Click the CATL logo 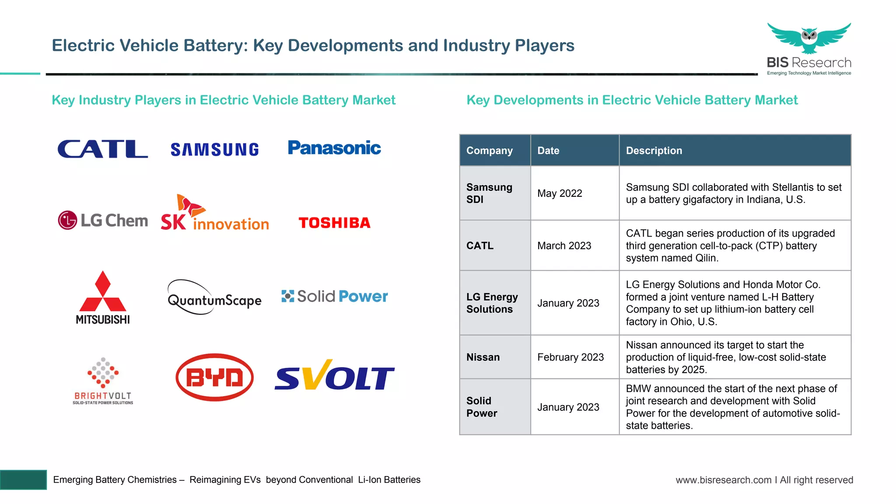point(102,149)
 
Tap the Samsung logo point(214,150)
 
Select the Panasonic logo point(334,148)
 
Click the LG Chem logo point(103,220)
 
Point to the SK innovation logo point(214,213)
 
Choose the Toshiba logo point(334,223)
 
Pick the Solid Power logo point(335,296)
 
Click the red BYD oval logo point(214,377)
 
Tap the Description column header point(654,150)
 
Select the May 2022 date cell point(560,193)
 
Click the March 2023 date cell point(564,246)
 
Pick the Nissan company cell point(483,357)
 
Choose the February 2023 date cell point(570,357)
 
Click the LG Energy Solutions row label point(492,303)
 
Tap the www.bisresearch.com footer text point(723,480)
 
